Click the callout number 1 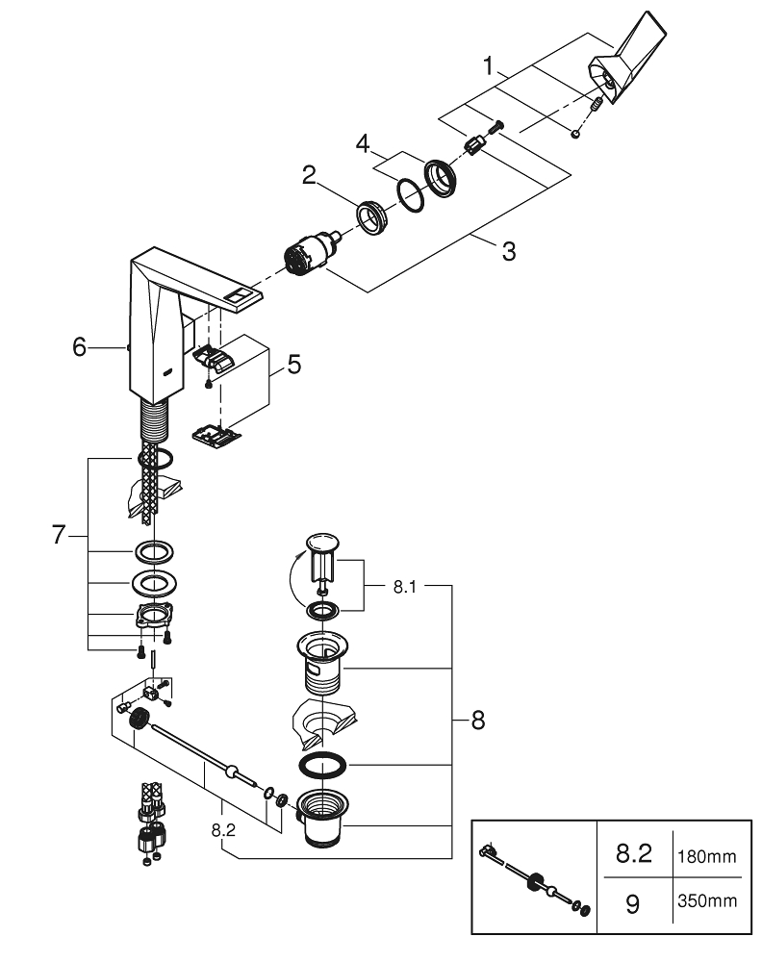(x=490, y=67)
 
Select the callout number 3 (x=509, y=253)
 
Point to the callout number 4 (x=361, y=143)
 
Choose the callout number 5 (x=293, y=365)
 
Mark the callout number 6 (x=80, y=346)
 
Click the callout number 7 (x=59, y=536)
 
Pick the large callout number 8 (x=478, y=720)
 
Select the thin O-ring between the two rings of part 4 (x=411, y=196)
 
